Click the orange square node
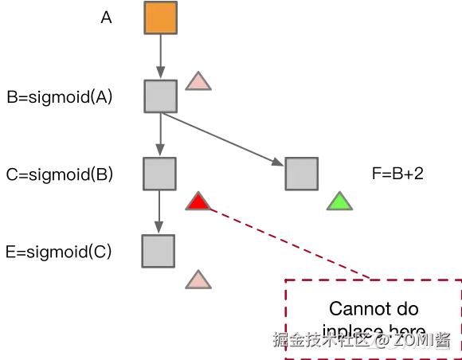[x=159, y=19]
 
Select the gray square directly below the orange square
[x=159, y=96]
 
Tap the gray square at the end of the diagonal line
[x=302, y=173]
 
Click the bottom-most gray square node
[x=159, y=252]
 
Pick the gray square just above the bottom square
[x=159, y=173]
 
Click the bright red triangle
[x=198, y=203]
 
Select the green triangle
[x=339, y=202]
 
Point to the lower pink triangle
[x=198, y=280]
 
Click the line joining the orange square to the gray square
[x=159, y=57]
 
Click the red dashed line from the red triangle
[x=287, y=242]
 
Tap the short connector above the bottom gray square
[x=159, y=212]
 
